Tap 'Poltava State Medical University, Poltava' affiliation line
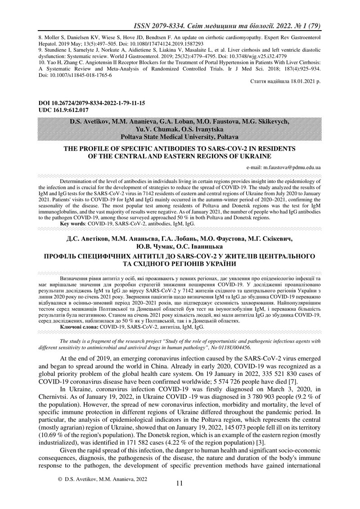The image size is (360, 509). point(179,137)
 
